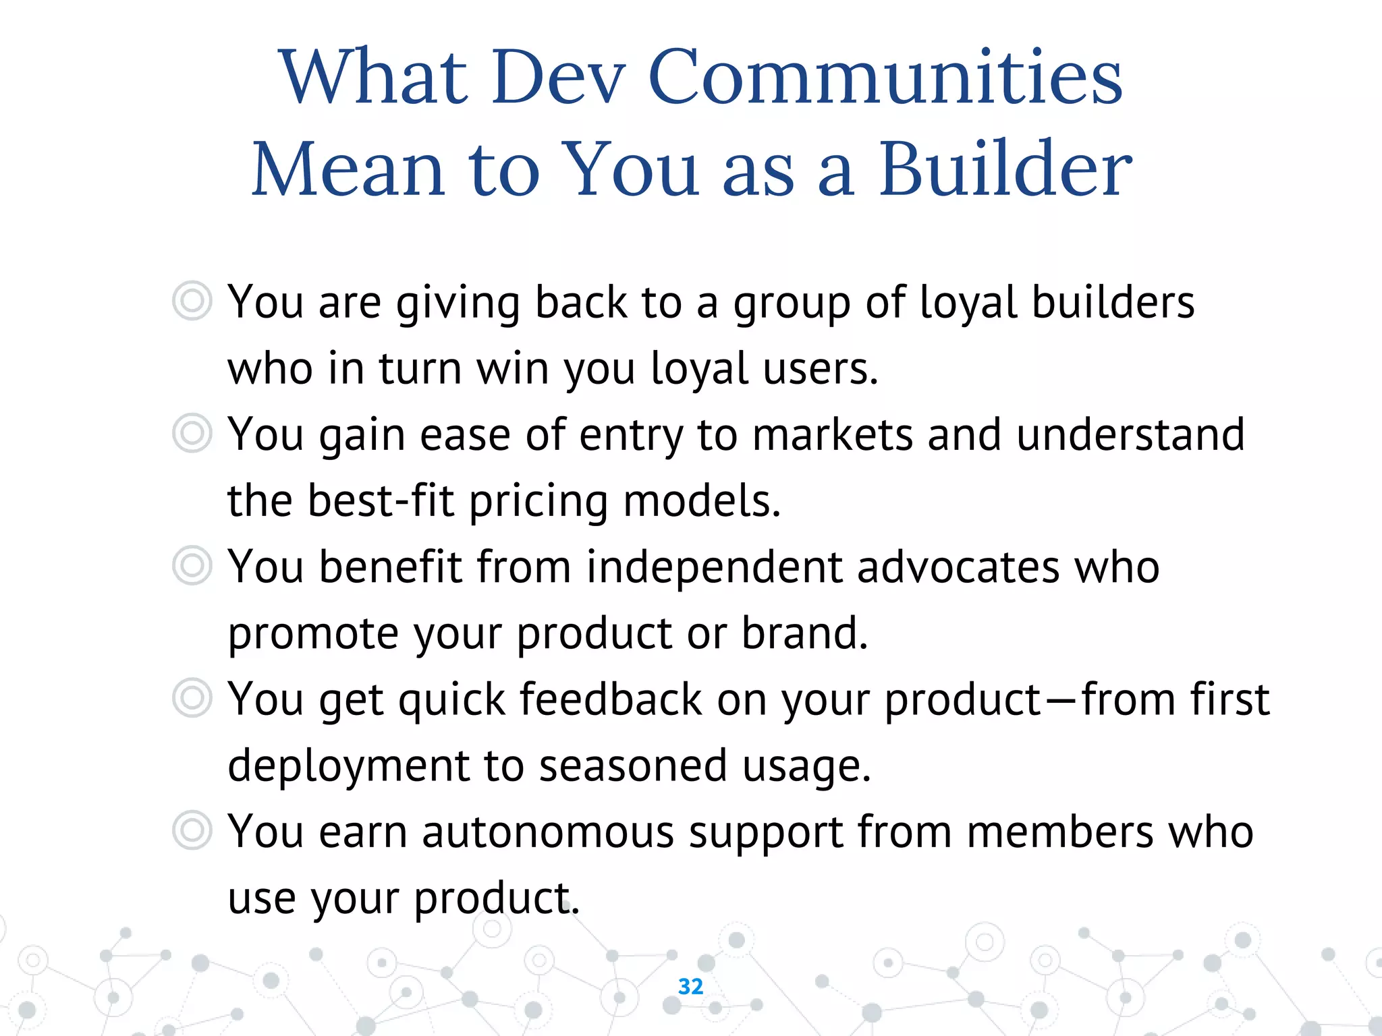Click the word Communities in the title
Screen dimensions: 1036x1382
tap(885, 78)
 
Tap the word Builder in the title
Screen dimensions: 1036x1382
tap(1005, 170)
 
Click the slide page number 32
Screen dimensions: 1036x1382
tap(690, 986)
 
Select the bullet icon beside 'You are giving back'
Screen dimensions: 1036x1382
tap(192, 301)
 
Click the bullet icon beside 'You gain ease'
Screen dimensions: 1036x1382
tap(192, 433)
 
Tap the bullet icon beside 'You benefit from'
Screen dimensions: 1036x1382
tap(192, 565)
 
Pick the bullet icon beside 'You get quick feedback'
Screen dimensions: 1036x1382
tap(192, 697)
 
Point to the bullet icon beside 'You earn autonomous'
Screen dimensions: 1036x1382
tap(192, 830)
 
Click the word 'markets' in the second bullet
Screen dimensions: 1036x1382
tap(833, 434)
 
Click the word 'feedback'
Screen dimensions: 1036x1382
tap(611, 699)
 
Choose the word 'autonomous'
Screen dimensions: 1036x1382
tap(548, 832)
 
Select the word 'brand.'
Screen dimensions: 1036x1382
tap(804, 633)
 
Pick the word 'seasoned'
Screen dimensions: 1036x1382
tap(633, 766)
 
